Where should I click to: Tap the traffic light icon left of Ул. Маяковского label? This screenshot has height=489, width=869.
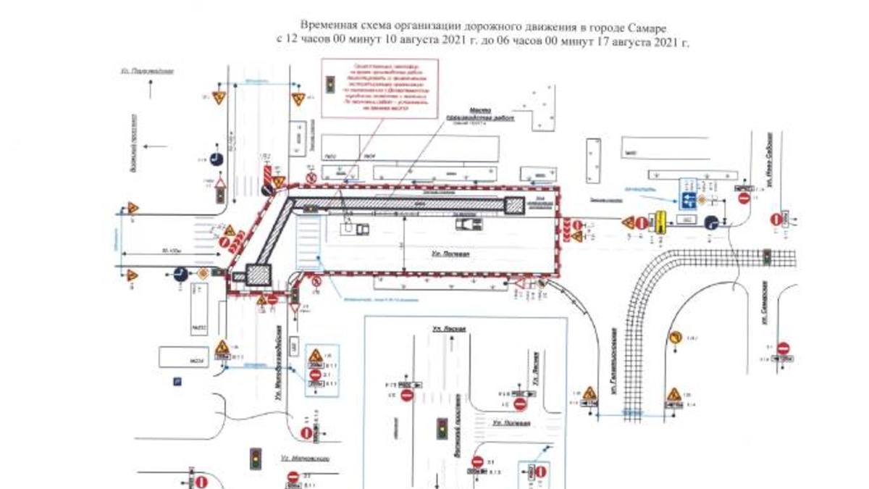pyautogui.click(x=255, y=458)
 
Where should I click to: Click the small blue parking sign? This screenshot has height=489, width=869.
pyautogui.click(x=175, y=380)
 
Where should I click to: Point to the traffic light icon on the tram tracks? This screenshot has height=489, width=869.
pyautogui.click(x=766, y=256)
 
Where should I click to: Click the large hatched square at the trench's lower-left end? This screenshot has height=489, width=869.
pyautogui.click(x=259, y=275)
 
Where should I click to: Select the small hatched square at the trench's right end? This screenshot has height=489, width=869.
pyautogui.click(x=515, y=205)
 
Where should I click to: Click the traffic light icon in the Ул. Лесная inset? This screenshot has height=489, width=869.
pyautogui.click(x=440, y=427)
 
